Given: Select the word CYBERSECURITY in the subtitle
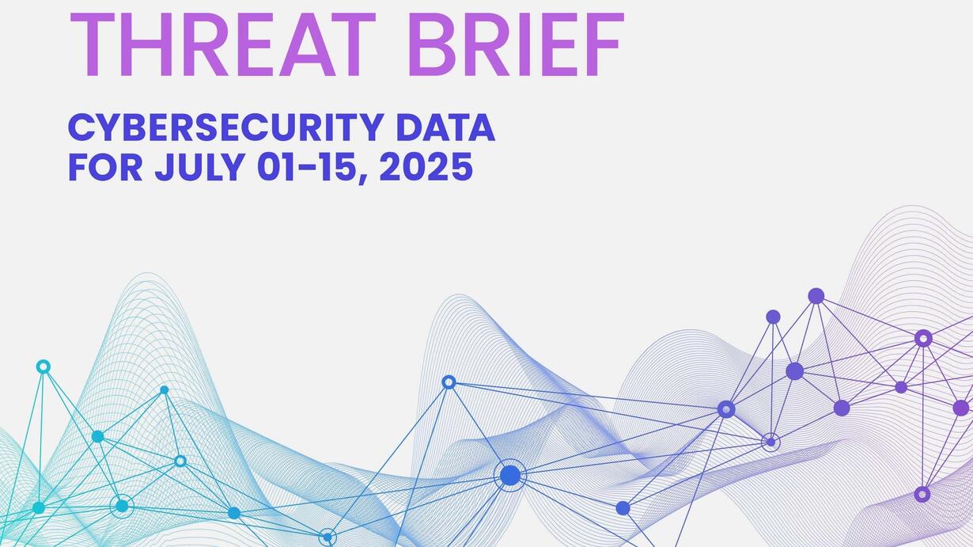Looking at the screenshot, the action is click(226, 127).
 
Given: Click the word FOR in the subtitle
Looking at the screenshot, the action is click(105, 166).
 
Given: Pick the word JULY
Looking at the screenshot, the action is click(199, 166).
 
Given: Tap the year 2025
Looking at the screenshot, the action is click(426, 166).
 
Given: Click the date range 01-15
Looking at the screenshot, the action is click(309, 166).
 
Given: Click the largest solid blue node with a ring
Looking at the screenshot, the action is click(510, 475).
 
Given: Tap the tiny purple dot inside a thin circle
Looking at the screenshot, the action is click(770, 443).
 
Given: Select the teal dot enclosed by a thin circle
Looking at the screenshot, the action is click(122, 506).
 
